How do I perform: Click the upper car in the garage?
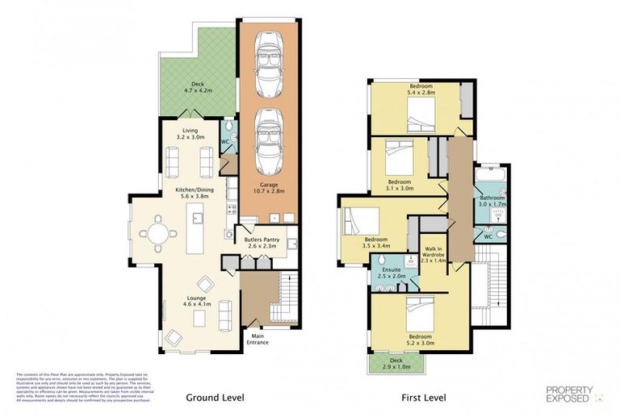point(268,65)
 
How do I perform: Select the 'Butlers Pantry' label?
point(262,243)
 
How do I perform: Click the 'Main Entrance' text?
point(258,340)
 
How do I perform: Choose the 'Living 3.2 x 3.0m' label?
point(191,133)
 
